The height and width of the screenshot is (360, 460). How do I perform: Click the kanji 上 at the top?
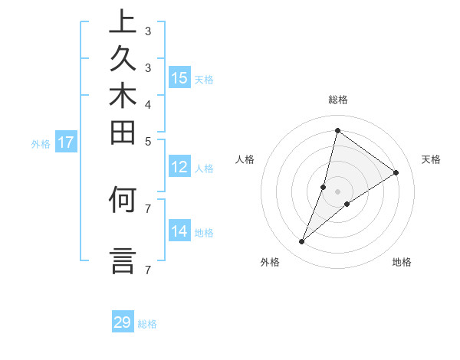pyautogui.click(x=123, y=23)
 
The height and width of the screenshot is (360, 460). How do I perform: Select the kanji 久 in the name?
pyautogui.click(x=123, y=60)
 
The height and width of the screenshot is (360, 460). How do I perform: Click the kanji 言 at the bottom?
pyautogui.click(x=123, y=260)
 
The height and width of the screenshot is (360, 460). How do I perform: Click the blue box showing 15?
pyautogui.click(x=179, y=77)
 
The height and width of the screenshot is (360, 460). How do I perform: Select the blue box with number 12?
pyautogui.click(x=179, y=167)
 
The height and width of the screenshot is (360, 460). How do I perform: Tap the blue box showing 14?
pyautogui.click(x=179, y=231)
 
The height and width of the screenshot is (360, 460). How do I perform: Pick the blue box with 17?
pyautogui.click(x=66, y=142)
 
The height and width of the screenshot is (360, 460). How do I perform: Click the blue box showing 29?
pyautogui.click(x=123, y=322)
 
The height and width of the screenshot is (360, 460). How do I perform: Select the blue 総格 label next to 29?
pyautogui.click(x=147, y=324)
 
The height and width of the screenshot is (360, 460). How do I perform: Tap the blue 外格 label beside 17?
pyautogui.click(x=41, y=143)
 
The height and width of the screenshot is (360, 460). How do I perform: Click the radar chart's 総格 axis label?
pyautogui.click(x=337, y=100)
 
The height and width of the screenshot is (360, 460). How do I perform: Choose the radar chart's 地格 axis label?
pyautogui.click(x=402, y=262)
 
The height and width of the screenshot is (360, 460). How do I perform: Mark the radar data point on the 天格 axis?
pyautogui.click(x=396, y=172)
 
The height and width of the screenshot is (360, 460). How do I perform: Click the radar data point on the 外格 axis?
pyautogui.click(x=301, y=242)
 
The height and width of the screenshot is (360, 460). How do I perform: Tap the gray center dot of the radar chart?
pyautogui.click(x=337, y=191)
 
